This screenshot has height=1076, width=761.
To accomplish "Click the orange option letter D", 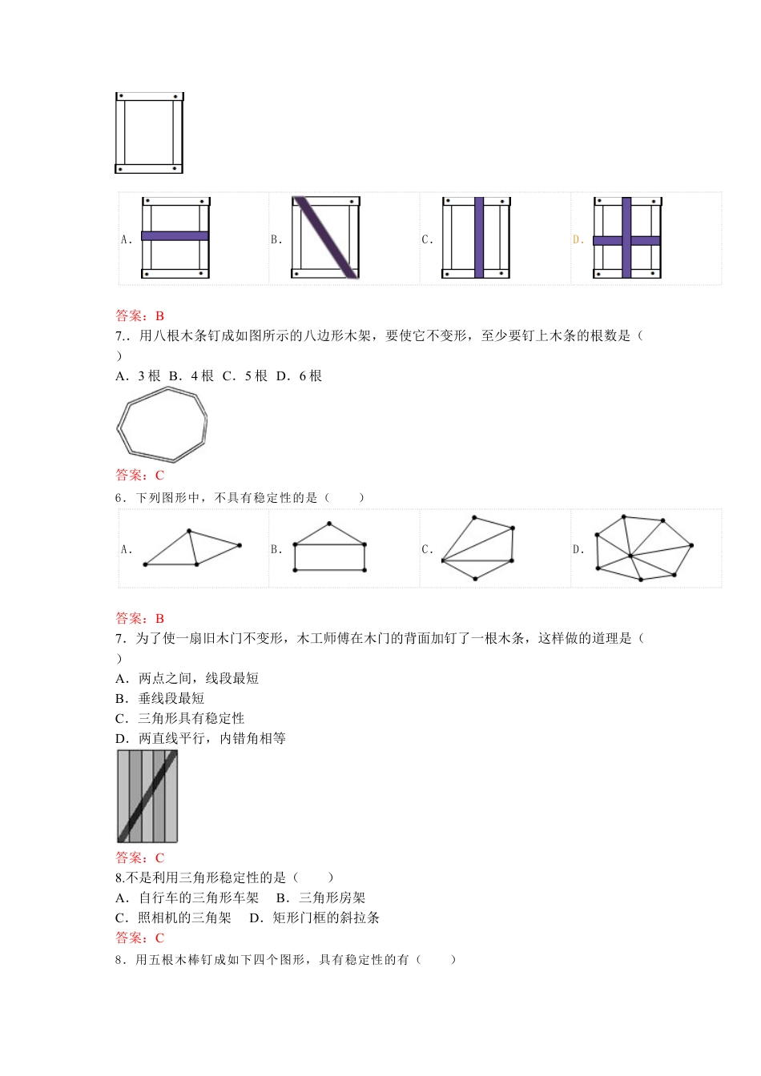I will [578, 239].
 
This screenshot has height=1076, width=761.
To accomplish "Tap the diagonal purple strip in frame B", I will [324, 238].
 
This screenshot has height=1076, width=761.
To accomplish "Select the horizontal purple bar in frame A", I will [175, 236].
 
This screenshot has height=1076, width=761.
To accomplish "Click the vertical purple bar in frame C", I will [478, 238].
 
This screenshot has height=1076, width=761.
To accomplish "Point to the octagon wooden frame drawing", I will [163, 424].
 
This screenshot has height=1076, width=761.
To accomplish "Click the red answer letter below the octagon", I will [159, 475].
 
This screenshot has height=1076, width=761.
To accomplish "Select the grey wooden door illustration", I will [147, 796].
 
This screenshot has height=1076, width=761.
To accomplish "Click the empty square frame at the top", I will [149, 133].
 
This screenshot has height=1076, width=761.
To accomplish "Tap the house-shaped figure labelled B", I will [330, 548].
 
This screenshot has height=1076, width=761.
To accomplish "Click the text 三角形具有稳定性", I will [191, 718].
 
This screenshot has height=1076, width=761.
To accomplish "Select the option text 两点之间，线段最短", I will [198, 678].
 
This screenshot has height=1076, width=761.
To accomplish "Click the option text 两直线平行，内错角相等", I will [211, 738].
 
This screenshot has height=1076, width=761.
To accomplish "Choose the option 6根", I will [310, 375].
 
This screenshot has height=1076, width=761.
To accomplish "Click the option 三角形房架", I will [332, 897].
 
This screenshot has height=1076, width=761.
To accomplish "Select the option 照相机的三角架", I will [184, 917].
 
